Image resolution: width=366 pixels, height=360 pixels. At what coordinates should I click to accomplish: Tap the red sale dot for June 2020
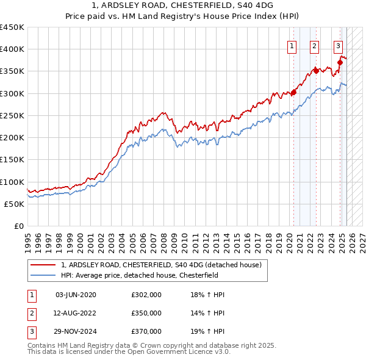point(293,93)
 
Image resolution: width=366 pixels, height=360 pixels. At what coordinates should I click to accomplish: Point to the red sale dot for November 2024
point(340,62)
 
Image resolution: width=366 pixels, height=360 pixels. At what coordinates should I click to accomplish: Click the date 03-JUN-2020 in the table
point(76,295)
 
